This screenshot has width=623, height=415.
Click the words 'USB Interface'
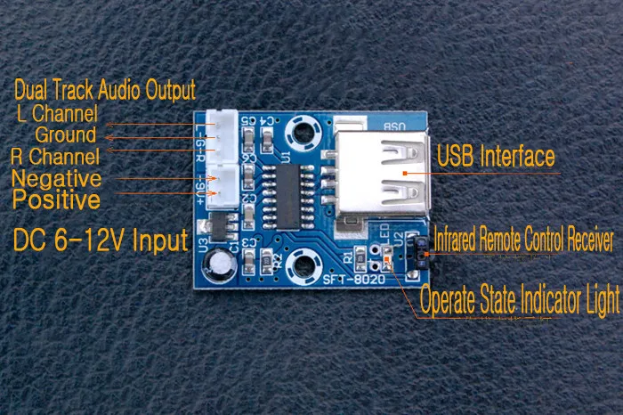[496, 158]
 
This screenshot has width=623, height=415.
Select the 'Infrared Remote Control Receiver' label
[523, 240]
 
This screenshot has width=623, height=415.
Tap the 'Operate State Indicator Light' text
[519, 299]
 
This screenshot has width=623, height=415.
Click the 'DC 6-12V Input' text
[100, 240]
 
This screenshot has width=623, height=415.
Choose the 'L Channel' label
[57, 114]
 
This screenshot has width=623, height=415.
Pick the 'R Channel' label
[54, 157]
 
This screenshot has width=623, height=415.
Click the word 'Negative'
[56, 178]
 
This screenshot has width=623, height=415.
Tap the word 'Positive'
[56, 200]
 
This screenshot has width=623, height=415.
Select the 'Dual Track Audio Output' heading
[105, 90]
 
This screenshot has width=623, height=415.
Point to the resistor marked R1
[359, 257]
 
